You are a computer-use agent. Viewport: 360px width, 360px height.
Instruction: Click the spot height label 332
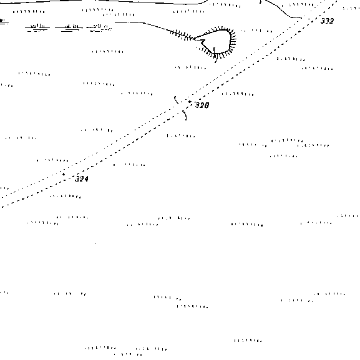tap(327, 21)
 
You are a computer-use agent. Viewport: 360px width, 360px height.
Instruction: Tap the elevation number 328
tap(202, 105)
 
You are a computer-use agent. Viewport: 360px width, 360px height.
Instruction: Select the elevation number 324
tap(82, 178)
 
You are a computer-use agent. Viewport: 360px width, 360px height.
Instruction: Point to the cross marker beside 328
tap(190, 102)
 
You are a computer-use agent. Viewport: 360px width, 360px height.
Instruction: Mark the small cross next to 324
tap(64, 175)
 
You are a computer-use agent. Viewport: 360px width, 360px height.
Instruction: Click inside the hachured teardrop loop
tap(218, 41)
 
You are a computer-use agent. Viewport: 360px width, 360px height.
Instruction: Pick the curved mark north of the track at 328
tap(176, 100)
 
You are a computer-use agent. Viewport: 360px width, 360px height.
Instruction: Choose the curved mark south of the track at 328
tap(185, 115)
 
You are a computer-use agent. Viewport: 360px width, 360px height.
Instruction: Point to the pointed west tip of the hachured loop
tap(195, 39)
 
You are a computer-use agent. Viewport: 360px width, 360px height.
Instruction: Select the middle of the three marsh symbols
tap(69, 27)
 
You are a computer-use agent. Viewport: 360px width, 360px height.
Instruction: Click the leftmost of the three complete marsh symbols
tap(37, 27)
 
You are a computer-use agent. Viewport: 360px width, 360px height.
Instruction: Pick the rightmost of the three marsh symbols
tap(99, 27)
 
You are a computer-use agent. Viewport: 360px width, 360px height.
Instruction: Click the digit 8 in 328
tap(207, 105)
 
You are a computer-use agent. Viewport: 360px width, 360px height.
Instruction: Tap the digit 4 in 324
tap(86, 179)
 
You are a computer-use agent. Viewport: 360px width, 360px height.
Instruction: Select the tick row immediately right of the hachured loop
tap(256, 31)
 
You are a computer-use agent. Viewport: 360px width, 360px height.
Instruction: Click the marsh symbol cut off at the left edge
tap(4, 21)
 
